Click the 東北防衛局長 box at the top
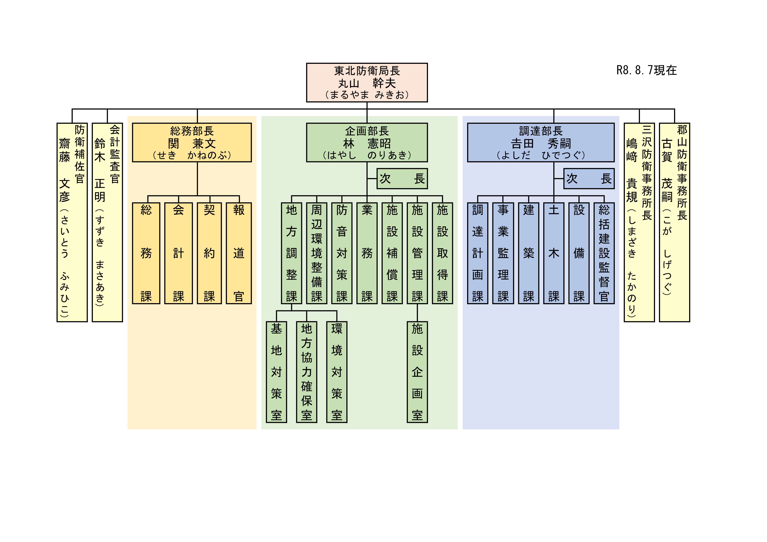click(367, 82)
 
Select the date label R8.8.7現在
click(646, 70)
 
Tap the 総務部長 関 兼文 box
click(192, 142)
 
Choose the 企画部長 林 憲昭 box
click(367, 142)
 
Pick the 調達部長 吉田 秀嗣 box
click(540, 142)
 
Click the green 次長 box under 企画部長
click(402, 179)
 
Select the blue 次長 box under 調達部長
click(589, 179)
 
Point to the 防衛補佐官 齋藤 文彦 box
click(72, 222)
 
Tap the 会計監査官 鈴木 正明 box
click(107, 222)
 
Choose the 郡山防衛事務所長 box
click(674, 222)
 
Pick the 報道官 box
click(239, 253)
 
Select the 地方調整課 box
click(292, 253)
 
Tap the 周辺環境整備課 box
click(317, 253)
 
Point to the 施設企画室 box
click(417, 372)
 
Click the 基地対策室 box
click(276, 372)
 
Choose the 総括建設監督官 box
click(604, 253)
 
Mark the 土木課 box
click(554, 253)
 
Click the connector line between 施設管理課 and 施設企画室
click(417, 313)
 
